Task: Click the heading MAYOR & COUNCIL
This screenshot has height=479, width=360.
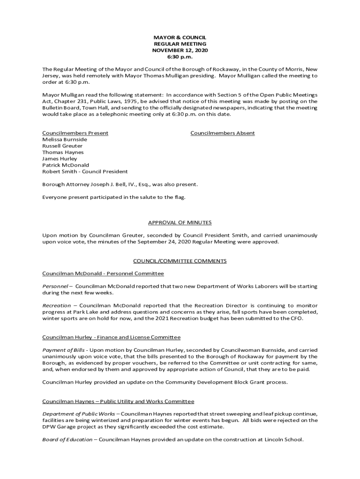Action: click(x=180, y=37)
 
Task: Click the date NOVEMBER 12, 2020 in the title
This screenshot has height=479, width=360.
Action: click(x=180, y=50)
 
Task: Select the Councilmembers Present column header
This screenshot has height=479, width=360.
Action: click(x=75, y=133)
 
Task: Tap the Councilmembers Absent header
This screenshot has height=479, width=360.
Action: click(x=223, y=133)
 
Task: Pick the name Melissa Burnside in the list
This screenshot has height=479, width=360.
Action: click(x=65, y=139)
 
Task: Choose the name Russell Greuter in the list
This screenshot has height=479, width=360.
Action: click(x=62, y=146)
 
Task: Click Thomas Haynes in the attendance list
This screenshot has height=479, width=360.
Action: click(x=63, y=152)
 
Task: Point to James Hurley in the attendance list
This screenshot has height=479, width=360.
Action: click(x=60, y=159)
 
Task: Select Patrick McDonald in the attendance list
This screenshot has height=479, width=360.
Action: click(x=65, y=165)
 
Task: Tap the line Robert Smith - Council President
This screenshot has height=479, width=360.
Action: click(x=85, y=172)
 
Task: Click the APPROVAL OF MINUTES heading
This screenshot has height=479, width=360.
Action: click(x=180, y=223)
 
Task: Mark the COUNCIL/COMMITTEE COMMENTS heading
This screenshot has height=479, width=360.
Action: click(x=180, y=261)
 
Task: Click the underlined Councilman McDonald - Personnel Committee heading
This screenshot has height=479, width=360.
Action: click(x=103, y=273)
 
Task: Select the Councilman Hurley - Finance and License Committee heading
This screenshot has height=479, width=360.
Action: click(x=111, y=337)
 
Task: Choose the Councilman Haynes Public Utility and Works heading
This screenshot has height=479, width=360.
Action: click(x=118, y=401)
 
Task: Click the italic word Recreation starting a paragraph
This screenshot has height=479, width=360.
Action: click(x=57, y=305)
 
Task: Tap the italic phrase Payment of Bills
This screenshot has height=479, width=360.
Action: click(x=64, y=350)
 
